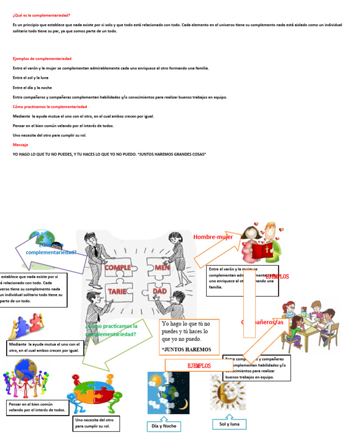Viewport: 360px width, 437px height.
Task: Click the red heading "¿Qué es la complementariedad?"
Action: [x=41, y=15]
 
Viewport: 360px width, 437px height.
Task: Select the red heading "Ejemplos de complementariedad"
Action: [x=42, y=59]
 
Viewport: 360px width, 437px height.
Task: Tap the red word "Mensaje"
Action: [x=20, y=145]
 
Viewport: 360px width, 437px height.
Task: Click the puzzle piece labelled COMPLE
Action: [x=118, y=268]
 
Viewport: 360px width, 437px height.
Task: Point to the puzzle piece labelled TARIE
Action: [x=118, y=291]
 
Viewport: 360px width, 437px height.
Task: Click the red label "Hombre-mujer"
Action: [x=213, y=237]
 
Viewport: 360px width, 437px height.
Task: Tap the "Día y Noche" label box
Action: [x=163, y=426]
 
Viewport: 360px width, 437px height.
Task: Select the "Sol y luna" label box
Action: [x=229, y=424]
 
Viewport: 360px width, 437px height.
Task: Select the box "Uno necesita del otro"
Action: [x=97, y=423]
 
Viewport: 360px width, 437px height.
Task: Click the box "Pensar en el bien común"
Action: [x=38, y=407]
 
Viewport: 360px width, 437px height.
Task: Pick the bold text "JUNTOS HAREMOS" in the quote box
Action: [x=187, y=349]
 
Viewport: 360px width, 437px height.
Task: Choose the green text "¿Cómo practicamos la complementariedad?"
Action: [x=112, y=330]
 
